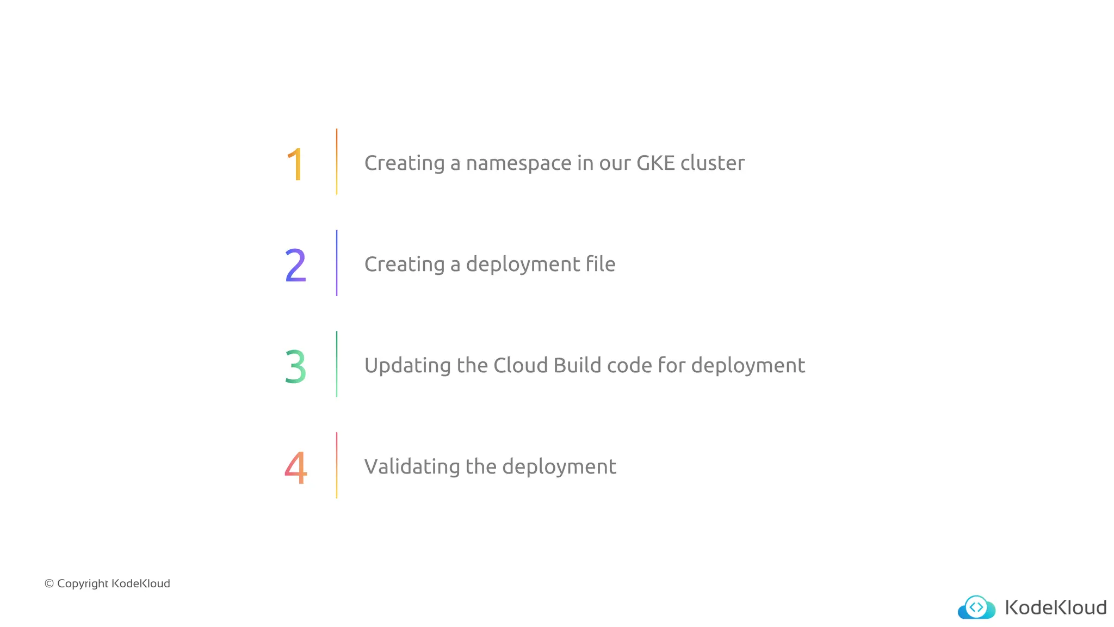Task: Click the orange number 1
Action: [x=295, y=164]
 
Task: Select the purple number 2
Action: [x=295, y=265]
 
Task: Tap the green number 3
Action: [x=295, y=366]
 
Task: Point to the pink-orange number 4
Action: [x=295, y=468]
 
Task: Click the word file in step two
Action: [x=601, y=264]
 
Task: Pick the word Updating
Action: [x=407, y=366]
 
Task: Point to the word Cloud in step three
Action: [x=521, y=365]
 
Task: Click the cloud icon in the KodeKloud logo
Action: [x=976, y=607]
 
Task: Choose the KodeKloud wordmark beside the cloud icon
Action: [x=1055, y=607]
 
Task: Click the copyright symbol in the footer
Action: [x=49, y=584]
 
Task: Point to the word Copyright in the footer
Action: [x=83, y=584]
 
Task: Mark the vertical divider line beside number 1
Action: [x=337, y=162]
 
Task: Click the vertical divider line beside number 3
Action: [x=337, y=364]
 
